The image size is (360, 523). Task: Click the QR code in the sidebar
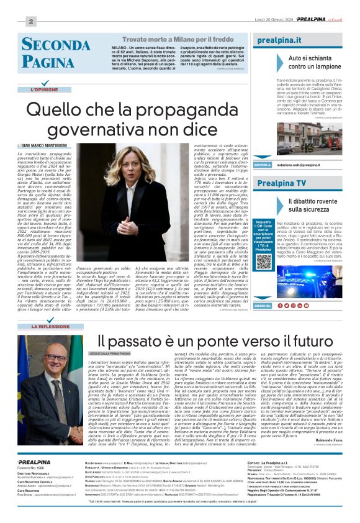(x=263, y=261)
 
